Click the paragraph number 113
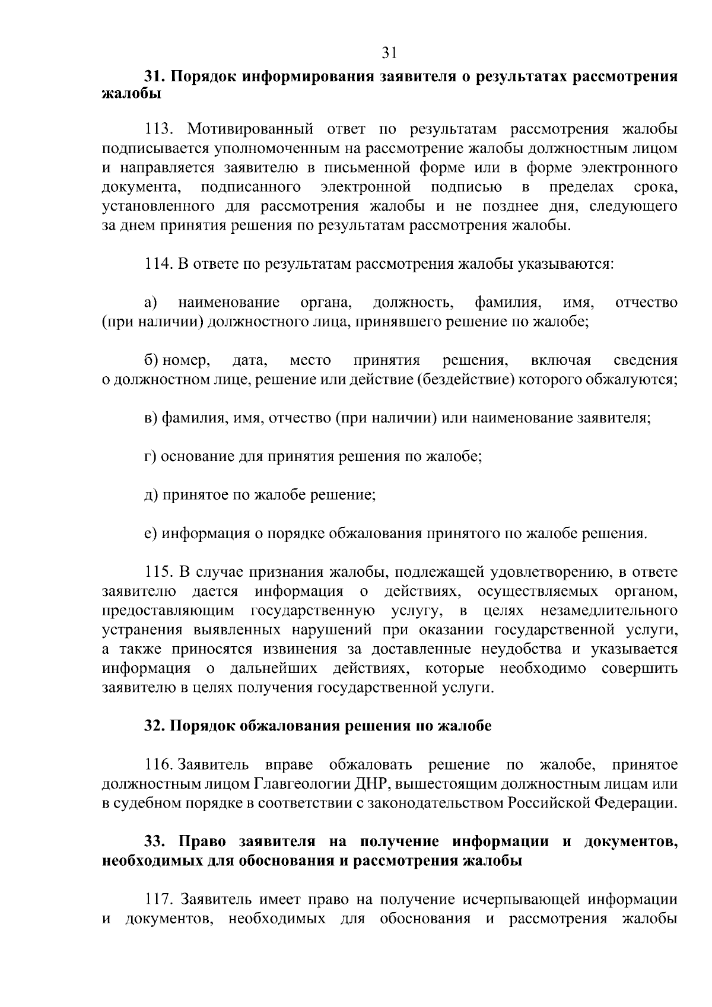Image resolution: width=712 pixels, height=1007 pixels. click(159, 129)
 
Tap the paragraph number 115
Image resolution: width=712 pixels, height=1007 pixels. click(159, 573)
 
